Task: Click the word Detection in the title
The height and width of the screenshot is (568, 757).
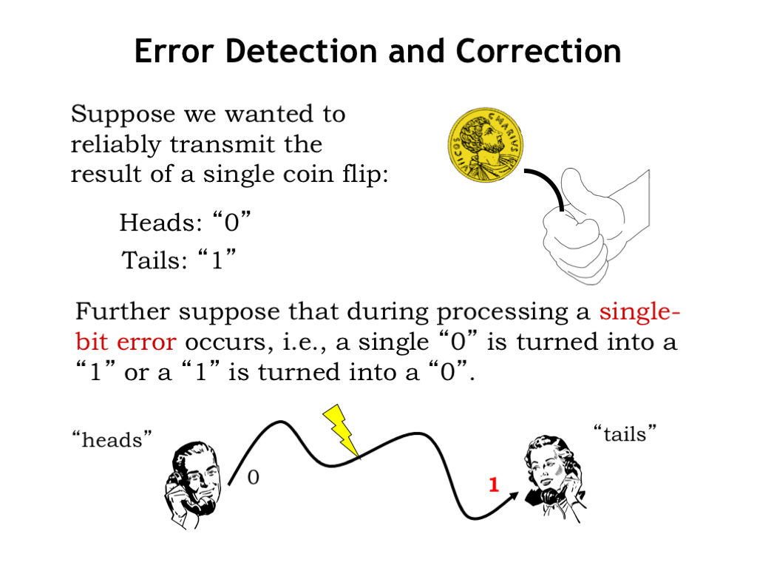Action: point(302,51)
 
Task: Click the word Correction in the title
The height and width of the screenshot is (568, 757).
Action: point(538,51)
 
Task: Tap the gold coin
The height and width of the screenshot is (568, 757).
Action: point(486,145)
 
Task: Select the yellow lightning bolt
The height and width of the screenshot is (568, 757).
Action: point(342,430)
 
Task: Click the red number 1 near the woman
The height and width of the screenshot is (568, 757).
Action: point(493,484)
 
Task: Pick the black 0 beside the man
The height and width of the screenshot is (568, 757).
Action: point(254,477)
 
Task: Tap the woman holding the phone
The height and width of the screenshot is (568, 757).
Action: point(555,479)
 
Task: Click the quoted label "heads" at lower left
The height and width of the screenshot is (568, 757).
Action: point(112,439)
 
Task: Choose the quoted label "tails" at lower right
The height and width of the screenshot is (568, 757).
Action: point(625,433)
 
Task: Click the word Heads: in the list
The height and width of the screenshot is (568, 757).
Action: point(160,223)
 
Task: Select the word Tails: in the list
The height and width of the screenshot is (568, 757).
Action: point(155,260)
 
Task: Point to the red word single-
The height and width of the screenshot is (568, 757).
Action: point(639,311)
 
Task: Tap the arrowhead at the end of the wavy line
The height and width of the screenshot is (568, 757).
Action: point(513,497)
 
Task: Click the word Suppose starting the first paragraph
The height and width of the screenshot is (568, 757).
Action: point(123,115)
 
